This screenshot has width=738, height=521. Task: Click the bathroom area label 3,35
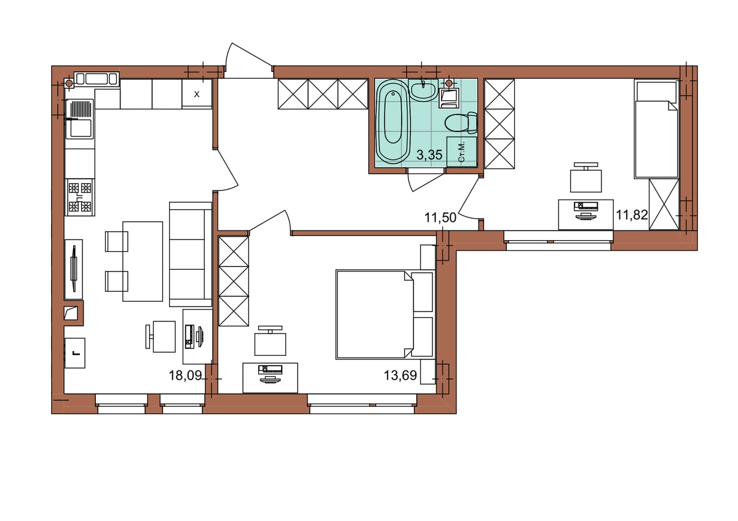429,155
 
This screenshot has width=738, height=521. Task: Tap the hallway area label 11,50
440,217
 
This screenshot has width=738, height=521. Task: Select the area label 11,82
632,215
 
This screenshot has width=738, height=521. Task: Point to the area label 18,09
185,375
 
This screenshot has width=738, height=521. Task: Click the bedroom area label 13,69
400,375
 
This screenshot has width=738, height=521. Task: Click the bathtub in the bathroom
393,122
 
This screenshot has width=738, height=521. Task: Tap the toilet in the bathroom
461,123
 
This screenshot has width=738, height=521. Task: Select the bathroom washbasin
423,90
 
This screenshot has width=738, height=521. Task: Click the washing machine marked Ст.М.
462,152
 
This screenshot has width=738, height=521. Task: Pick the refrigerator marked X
197,94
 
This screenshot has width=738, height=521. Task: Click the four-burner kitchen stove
80,197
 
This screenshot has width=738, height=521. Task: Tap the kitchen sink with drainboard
80,119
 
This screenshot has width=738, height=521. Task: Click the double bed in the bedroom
384,315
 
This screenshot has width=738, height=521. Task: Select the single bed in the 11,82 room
656,130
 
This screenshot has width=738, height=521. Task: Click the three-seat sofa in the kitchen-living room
191,254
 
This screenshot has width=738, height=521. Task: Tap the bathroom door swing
425,181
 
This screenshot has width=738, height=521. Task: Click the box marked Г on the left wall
75,353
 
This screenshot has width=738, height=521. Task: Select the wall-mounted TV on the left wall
74,269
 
